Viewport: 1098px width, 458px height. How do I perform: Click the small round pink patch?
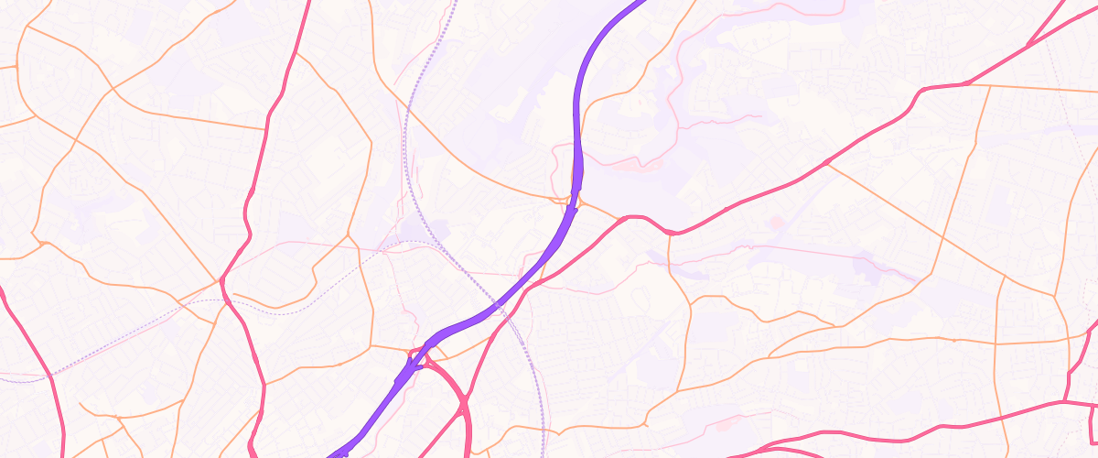pyautogui.click(x=777, y=222)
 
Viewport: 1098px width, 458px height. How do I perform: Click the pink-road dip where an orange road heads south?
pyautogui.click(x=672, y=234)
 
